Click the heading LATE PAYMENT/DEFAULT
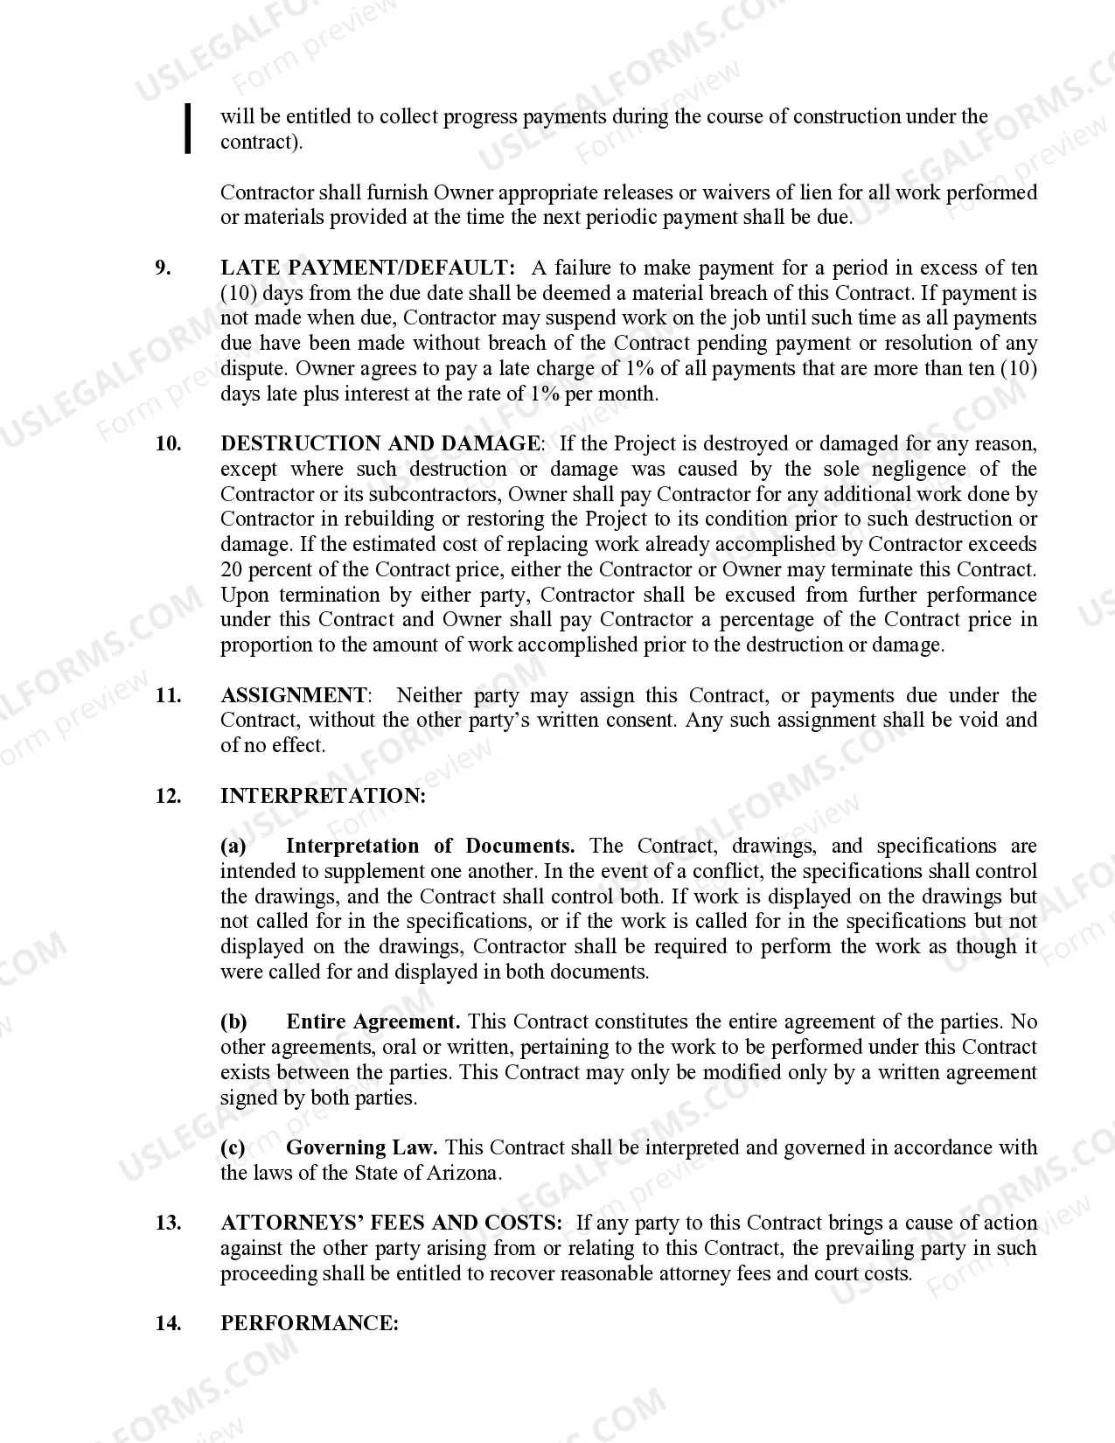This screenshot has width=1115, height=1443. click(x=367, y=268)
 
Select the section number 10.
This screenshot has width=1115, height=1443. click(x=168, y=443)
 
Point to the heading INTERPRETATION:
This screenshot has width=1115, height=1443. click(x=323, y=796)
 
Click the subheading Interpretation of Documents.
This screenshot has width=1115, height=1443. click(x=429, y=846)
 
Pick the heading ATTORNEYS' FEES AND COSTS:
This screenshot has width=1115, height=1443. click(x=391, y=1223)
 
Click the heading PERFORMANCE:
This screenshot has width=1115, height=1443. click(x=309, y=1323)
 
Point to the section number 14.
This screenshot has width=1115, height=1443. click(x=168, y=1323)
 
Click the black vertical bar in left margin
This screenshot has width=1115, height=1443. click(x=187, y=129)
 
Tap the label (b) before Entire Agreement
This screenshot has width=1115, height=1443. click(x=233, y=1021)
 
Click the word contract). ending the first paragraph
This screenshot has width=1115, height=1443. click(x=261, y=142)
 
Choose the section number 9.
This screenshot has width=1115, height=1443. click(x=163, y=268)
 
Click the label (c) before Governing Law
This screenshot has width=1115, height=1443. click(x=233, y=1147)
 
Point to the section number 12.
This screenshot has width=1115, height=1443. click(x=168, y=796)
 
